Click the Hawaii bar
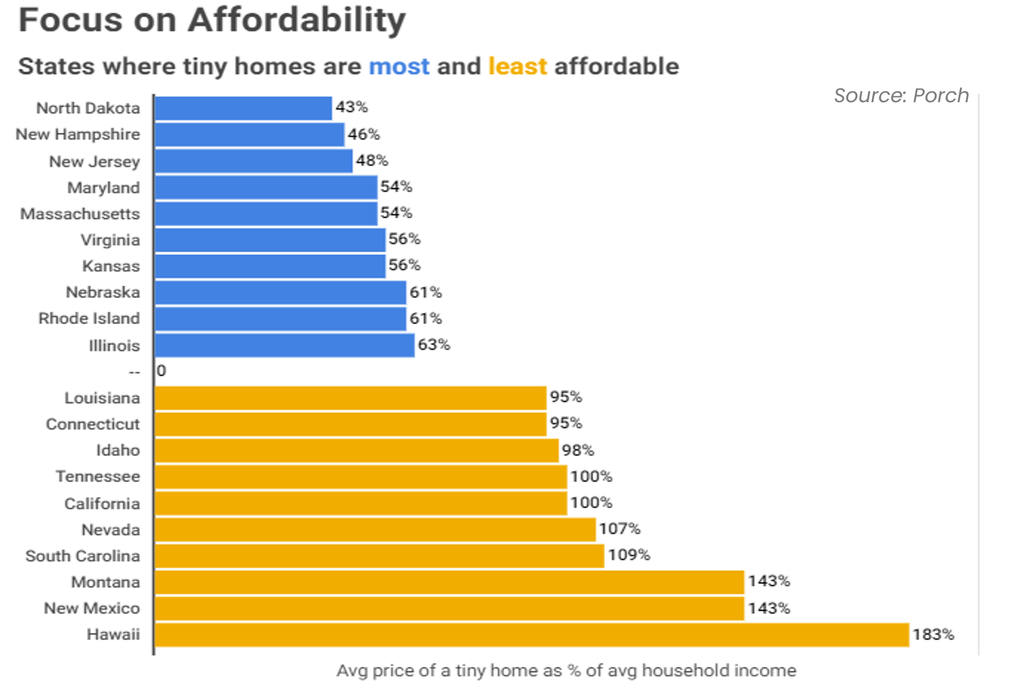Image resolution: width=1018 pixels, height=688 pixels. coord(532,635)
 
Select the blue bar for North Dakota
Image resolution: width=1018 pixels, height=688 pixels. coord(243,108)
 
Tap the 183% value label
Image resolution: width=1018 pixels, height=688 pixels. coord(933,635)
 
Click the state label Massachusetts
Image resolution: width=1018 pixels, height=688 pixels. coord(80,214)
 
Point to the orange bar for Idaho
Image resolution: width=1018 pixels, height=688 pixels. coord(357,451)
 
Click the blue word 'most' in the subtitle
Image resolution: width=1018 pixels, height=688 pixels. coord(399,67)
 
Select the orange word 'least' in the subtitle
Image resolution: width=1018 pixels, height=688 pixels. coord(517,67)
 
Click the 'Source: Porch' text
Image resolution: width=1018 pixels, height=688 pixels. coord(901,96)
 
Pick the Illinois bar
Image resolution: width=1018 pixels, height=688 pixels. coord(284,345)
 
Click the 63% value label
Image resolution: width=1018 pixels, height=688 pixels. coord(434,345)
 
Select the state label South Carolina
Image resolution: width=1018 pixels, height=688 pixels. coord(83,556)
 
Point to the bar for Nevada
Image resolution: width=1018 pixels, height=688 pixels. coord(375,530)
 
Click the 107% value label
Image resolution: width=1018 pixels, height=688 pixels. coord(619,529)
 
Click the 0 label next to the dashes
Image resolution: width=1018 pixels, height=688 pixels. coord(161,371)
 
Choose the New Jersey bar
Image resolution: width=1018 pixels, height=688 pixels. coord(253,161)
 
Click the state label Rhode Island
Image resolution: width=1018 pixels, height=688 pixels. coord(89,319)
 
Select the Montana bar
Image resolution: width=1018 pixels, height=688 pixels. coord(449,582)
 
